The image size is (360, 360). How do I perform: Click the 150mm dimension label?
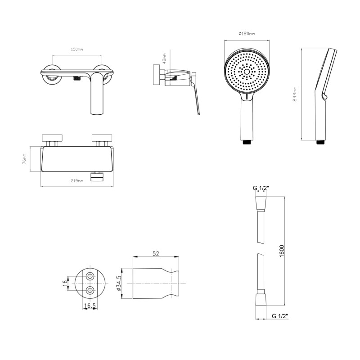click(x=77, y=49)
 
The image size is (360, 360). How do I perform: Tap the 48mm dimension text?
click(x=164, y=58)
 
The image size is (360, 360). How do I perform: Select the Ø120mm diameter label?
click(x=247, y=33)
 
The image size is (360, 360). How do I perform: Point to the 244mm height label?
click(x=295, y=94)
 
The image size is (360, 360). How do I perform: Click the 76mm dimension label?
click(x=24, y=159)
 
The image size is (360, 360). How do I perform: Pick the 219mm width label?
click(x=77, y=181)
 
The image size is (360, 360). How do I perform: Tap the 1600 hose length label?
click(x=282, y=251)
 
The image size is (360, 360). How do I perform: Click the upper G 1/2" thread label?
click(x=261, y=188)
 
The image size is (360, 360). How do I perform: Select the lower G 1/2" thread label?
click(x=280, y=316)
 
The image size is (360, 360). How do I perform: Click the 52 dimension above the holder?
click(x=156, y=253)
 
